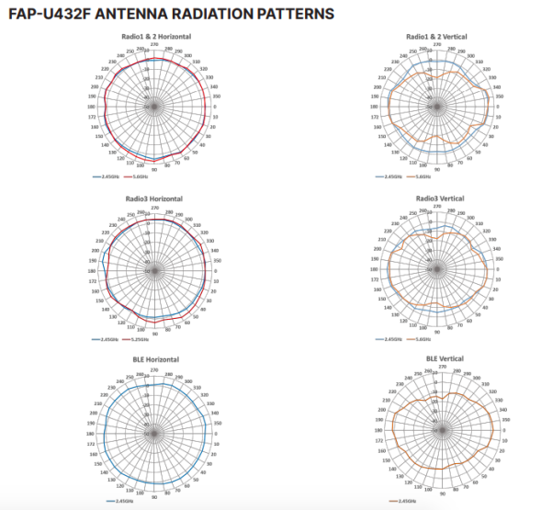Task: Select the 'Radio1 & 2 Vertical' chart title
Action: (436, 36)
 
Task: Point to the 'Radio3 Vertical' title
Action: (437, 198)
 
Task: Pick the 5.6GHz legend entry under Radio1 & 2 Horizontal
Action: (140, 176)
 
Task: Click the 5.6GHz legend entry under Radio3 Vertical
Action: (423, 339)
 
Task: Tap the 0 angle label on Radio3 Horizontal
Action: (215, 270)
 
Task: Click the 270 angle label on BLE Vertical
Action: (443, 366)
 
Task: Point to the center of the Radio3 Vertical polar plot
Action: (437, 270)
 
